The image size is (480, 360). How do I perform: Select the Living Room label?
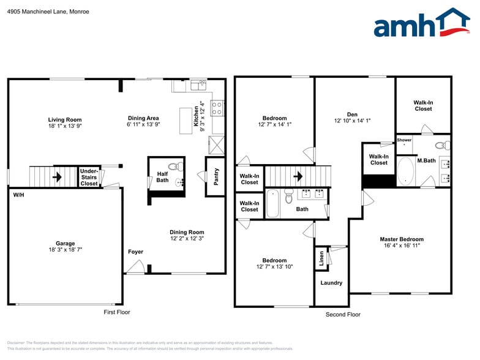point(65,119)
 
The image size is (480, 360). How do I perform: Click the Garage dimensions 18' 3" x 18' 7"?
point(65,250)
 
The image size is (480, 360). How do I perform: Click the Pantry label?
point(216,176)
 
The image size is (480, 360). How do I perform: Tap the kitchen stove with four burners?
point(217,108)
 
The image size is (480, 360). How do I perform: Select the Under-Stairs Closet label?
point(89,177)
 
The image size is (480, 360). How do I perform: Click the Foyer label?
point(135,252)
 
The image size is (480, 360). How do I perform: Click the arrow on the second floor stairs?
point(298,177)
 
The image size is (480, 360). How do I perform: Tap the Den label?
point(352,114)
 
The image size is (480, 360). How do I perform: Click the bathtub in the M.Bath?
point(405,172)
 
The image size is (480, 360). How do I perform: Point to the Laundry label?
point(331,283)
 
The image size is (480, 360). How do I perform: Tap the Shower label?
point(404,140)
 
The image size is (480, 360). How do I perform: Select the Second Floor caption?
point(343,314)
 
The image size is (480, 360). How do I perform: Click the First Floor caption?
point(116,312)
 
